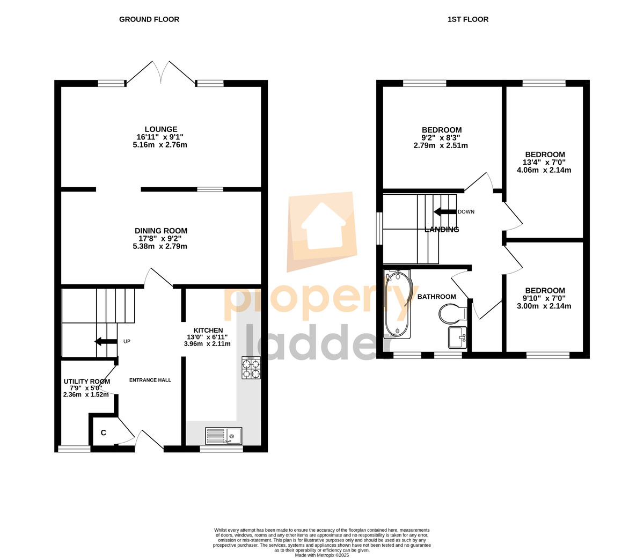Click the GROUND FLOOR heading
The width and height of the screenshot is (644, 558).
pyautogui.click(x=149, y=19)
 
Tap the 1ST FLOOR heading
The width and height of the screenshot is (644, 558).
pyautogui.click(x=467, y=19)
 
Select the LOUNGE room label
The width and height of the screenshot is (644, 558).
pyautogui.click(x=161, y=129)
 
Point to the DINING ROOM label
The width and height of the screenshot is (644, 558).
pyautogui.click(x=161, y=231)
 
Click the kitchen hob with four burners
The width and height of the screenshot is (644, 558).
pyautogui.click(x=251, y=368)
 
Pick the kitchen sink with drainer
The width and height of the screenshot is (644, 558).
pyautogui.click(x=223, y=436)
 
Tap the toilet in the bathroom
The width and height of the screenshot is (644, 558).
pyautogui.click(x=453, y=313)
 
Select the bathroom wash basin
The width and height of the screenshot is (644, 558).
pyautogui.click(x=457, y=337)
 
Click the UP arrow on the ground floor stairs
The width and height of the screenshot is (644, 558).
pyautogui.click(x=106, y=341)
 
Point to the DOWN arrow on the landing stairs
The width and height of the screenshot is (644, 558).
pyautogui.click(x=445, y=212)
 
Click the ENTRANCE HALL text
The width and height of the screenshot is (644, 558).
pyautogui.click(x=150, y=380)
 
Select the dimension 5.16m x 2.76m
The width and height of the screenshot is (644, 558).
pyautogui.click(x=160, y=145)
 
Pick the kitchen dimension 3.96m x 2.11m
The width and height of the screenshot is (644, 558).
pyautogui.click(x=207, y=344)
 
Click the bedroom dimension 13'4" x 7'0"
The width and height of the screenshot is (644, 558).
pyautogui.click(x=544, y=163)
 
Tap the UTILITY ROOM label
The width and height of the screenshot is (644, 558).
pyautogui.click(x=87, y=381)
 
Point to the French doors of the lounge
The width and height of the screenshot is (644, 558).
pyautogui.click(x=161, y=72)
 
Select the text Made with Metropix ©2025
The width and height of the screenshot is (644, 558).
pyautogui.click(x=322, y=555)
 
